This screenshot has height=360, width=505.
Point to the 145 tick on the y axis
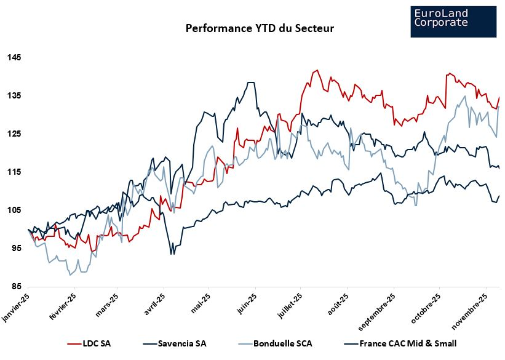pyautogui.click(x=14, y=58)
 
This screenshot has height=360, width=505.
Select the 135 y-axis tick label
pyautogui.click(x=14, y=96)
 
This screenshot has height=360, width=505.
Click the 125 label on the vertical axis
pyautogui.click(x=14, y=134)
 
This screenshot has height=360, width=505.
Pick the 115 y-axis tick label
pyautogui.click(x=14, y=172)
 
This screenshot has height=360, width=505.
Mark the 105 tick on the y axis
pyautogui.click(x=14, y=210)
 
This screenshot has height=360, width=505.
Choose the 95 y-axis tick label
pyautogui.click(x=16, y=249)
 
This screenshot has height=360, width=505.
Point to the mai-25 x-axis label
pyautogui.click(x=199, y=302)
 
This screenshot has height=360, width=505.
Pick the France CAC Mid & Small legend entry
pyautogui.click(x=408, y=343)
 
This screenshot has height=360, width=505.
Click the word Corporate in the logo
pyautogui.click(x=441, y=23)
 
